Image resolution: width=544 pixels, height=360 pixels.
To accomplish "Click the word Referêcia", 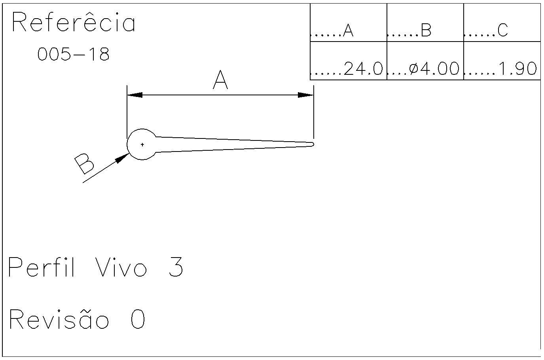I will tap(74, 23).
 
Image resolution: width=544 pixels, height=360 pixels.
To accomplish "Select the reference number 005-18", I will tap(73, 54).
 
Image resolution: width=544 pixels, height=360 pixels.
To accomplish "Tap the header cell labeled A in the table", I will tap(348, 30).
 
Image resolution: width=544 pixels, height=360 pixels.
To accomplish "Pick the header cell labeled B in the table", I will tap(426, 30).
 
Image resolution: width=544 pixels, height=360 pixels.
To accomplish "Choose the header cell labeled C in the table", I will tap(502, 30).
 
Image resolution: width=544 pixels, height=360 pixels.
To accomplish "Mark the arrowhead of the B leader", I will tap(123, 157).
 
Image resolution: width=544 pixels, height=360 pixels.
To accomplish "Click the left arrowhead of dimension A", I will tap(135, 95).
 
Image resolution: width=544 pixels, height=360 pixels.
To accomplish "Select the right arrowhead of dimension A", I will tap(306, 95).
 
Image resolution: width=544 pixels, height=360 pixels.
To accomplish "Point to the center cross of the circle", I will tap(142, 144).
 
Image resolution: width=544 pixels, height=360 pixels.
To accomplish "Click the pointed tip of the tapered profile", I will tap(313, 144).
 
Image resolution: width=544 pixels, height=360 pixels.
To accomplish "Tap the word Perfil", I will tap(42, 267).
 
